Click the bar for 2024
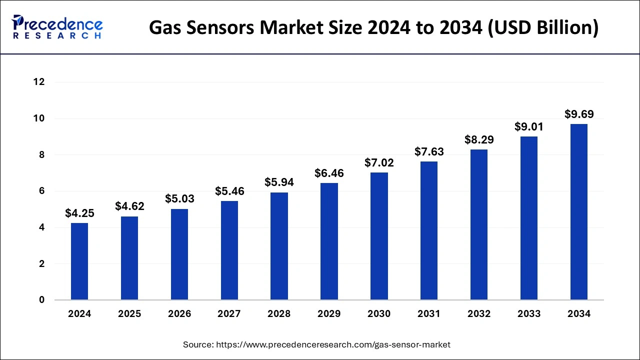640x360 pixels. [79, 261]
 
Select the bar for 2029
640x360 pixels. [329, 241]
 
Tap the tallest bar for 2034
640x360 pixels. [579, 212]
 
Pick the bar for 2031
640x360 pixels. [429, 230]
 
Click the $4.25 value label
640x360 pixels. [79, 213]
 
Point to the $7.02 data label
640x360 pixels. [379, 162]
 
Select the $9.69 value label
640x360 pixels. [579, 114]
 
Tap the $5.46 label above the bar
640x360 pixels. [229, 191]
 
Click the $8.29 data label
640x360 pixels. [479, 139]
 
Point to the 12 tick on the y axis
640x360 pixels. [39, 82]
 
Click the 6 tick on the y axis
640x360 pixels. [42, 191]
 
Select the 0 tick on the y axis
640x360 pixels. [42, 300]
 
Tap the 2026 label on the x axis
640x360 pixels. [179, 314]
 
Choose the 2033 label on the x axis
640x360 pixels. [529, 314]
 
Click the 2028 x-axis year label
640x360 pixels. [279, 314]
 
